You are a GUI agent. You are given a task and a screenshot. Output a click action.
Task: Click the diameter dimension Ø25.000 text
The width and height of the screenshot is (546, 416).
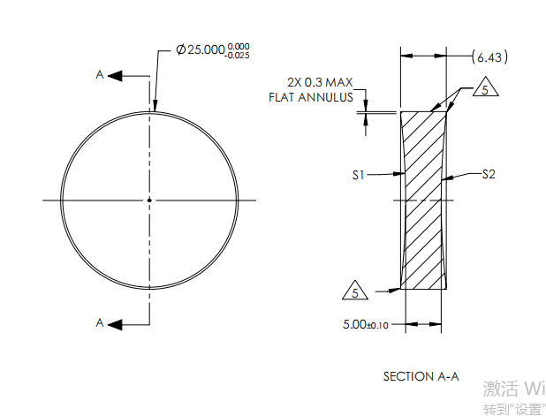[x=201, y=49]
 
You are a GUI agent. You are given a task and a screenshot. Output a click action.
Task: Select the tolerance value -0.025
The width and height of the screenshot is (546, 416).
[x=239, y=55]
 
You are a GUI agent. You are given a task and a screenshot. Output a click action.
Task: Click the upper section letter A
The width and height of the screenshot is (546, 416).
[x=100, y=76]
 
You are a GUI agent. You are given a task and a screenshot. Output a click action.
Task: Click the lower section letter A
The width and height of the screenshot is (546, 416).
[x=100, y=323]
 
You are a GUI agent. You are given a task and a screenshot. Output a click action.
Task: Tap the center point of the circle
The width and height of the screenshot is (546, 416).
[x=149, y=200]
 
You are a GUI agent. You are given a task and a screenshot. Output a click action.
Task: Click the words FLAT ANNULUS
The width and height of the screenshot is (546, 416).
[x=311, y=96]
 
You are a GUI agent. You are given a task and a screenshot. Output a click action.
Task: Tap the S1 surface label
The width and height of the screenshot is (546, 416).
[x=358, y=176]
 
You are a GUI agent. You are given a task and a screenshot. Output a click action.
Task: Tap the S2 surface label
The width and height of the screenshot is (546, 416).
[x=489, y=175]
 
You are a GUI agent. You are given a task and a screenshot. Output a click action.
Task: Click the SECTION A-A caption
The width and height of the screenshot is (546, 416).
[x=421, y=376]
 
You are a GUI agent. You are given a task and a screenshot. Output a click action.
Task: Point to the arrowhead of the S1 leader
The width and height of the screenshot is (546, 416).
[x=401, y=176]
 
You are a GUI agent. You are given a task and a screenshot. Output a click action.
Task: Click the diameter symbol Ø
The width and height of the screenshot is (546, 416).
[x=180, y=50]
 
